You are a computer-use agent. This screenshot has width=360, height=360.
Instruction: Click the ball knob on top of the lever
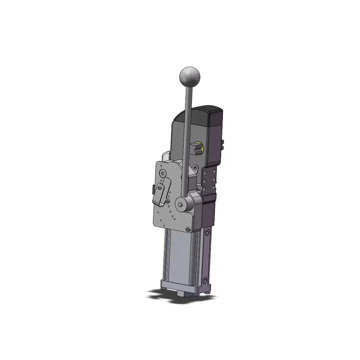click(189, 76)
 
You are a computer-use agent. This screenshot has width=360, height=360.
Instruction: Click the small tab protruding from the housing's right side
click(224, 144)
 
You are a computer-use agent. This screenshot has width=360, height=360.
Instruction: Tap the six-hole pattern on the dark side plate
click(210, 180)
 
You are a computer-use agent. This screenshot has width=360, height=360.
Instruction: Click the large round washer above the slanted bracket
click(163, 174)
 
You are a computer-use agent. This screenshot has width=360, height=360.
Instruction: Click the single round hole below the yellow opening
click(195, 168)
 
